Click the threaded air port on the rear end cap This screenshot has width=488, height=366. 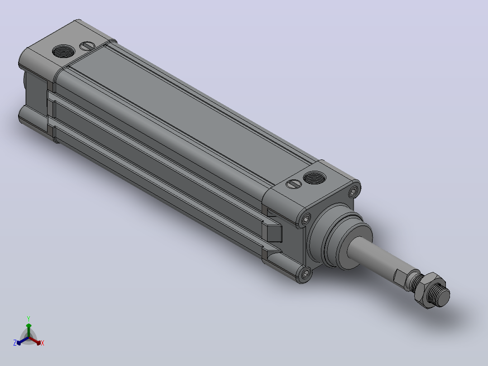(63, 51)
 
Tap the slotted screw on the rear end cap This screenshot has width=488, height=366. (87, 46)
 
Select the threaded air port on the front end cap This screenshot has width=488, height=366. (314, 178)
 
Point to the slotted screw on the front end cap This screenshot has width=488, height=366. (293, 184)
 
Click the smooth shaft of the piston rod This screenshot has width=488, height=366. (380, 255)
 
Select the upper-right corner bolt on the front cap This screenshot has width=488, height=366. (353, 191)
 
